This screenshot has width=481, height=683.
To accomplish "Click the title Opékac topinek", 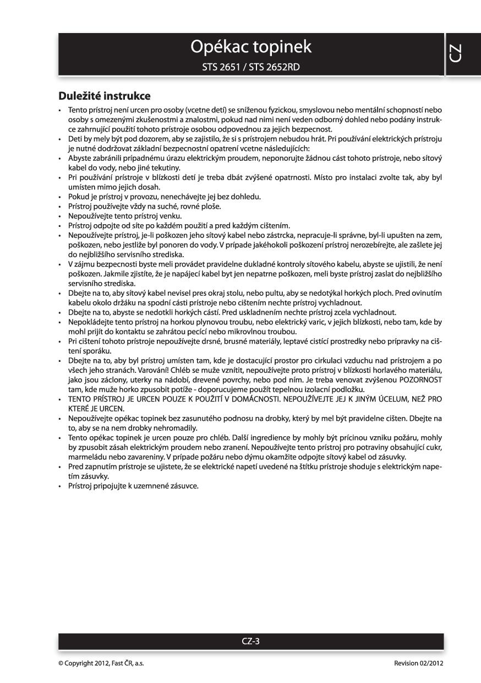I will tap(250, 47).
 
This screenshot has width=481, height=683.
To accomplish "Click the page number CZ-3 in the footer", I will tap(250, 641).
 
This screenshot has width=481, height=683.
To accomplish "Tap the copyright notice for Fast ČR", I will tap(101, 663).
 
